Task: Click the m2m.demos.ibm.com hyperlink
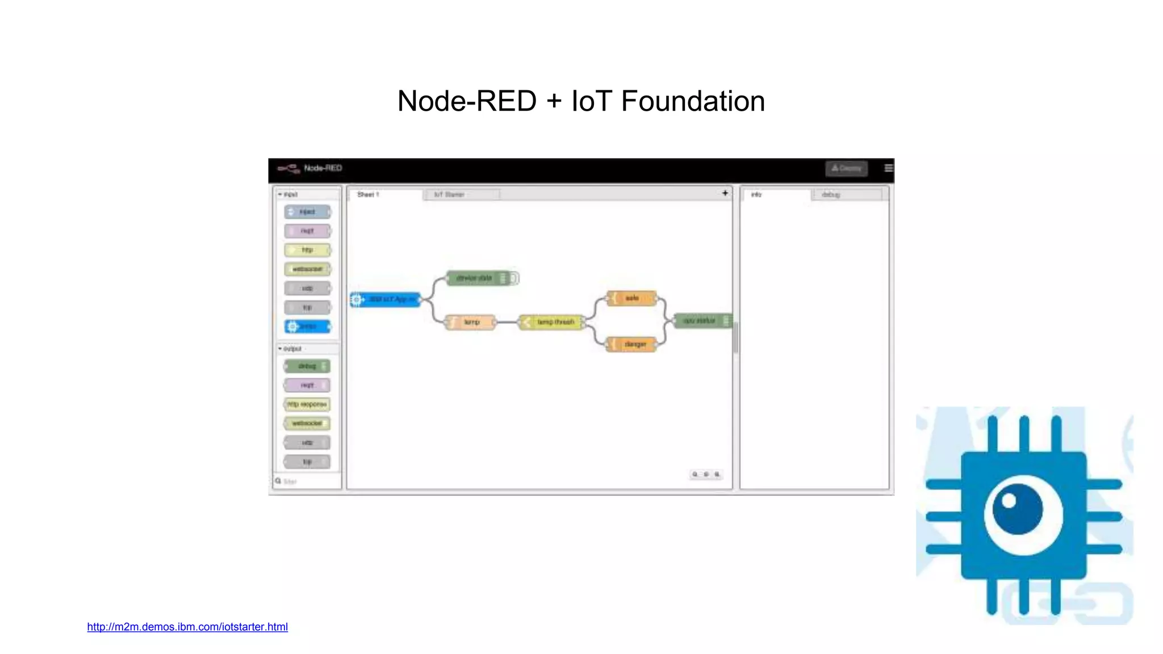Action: coord(187,627)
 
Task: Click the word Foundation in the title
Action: coord(693,101)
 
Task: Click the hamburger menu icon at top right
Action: coord(888,168)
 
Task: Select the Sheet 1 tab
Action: coord(368,195)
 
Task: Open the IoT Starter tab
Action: coord(449,195)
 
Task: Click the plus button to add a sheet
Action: coord(725,193)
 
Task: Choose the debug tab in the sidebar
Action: coord(830,195)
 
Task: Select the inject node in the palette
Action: coord(307,212)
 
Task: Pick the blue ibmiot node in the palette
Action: coord(307,326)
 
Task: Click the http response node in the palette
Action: coord(307,404)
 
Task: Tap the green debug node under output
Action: coord(307,366)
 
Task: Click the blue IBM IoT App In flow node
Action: coord(386,299)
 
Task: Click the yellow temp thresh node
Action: coord(553,322)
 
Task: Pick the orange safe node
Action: coord(632,298)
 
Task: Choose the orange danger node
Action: coord(632,345)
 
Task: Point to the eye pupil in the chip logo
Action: coord(1017,508)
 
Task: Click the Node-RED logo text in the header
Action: coord(323,168)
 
